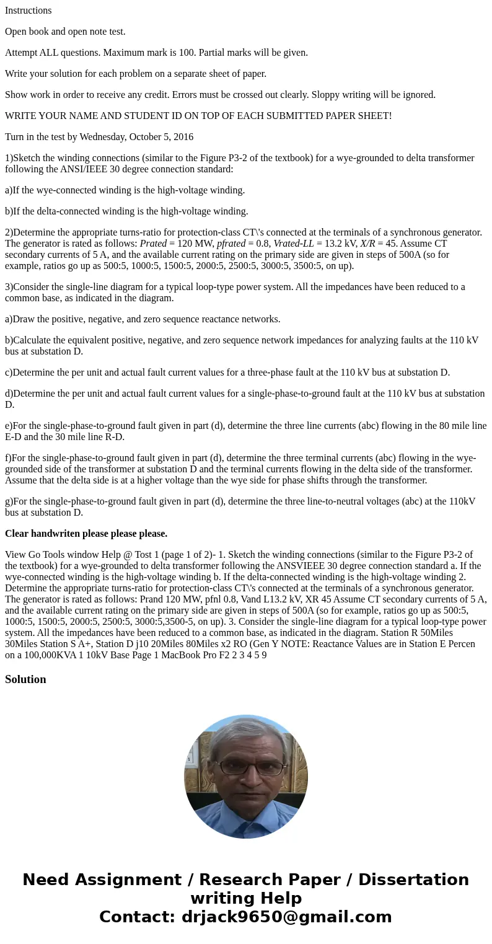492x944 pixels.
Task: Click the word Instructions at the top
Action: click(29, 11)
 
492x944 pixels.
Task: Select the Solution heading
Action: click(25, 679)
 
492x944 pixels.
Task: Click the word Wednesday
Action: click(96, 137)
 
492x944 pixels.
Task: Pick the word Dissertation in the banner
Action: click(413, 880)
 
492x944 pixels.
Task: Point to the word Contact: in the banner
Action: click(137, 917)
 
